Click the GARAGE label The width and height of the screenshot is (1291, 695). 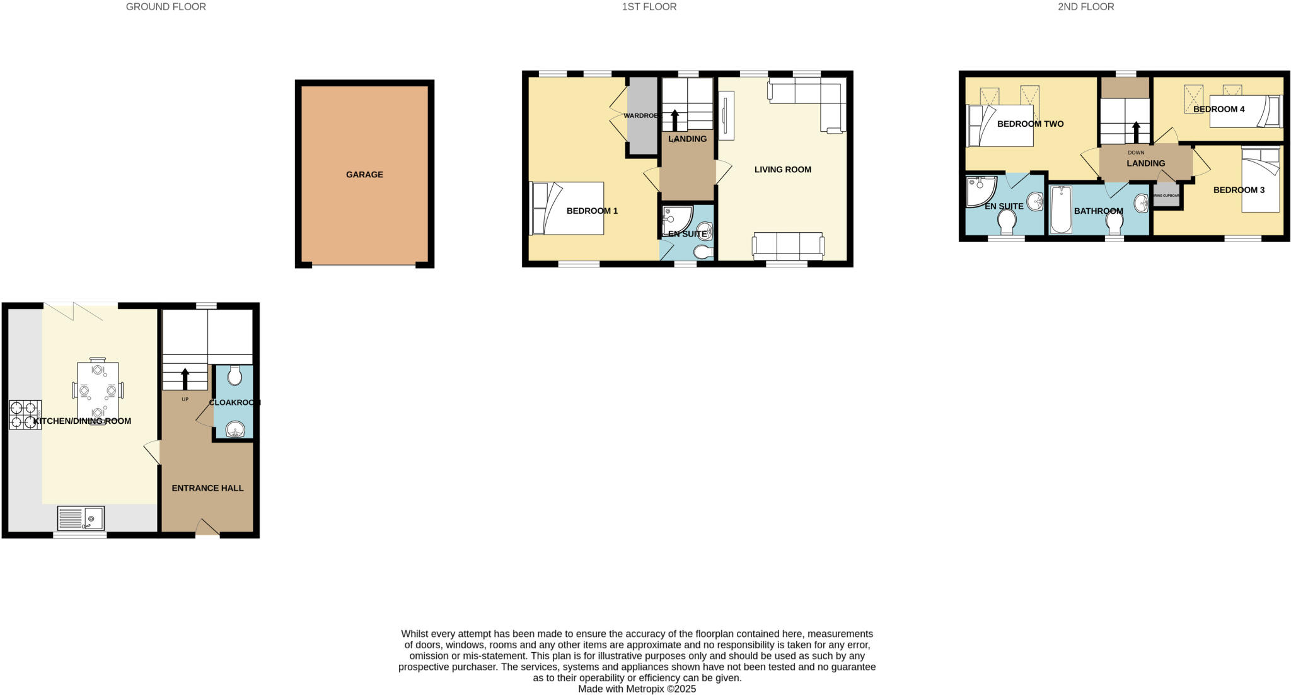coord(364,175)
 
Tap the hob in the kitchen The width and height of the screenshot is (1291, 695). coord(25,414)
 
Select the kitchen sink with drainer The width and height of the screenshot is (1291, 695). coord(81,518)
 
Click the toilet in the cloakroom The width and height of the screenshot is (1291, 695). coord(234,376)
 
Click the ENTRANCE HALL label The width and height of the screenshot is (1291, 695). coord(207,488)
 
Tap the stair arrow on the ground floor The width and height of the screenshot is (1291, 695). coord(185,379)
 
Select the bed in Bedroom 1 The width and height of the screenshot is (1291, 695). coord(567,208)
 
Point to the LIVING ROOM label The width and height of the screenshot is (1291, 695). coord(782,170)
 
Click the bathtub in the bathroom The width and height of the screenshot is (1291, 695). coord(1062,209)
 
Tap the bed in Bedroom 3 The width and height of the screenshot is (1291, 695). coord(1260,179)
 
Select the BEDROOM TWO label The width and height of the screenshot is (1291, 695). coord(1030,124)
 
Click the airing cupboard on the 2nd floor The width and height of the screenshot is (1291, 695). coord(1166,196)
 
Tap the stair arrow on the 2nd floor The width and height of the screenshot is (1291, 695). coord(1137,132)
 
